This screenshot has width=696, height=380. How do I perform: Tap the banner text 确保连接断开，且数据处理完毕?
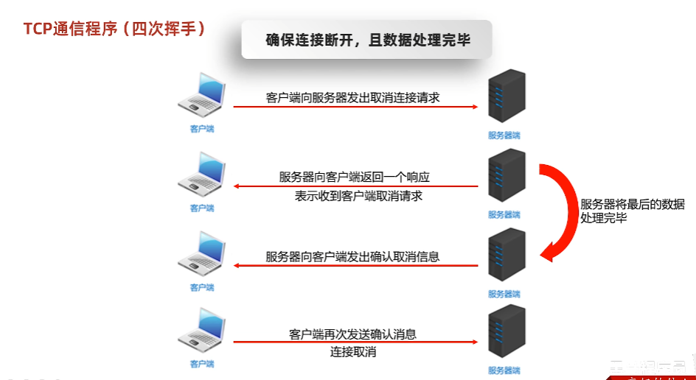pos(367,41)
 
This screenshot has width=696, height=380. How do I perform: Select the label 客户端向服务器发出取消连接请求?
pos(352,97)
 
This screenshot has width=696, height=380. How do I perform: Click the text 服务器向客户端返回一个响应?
pos(354,177)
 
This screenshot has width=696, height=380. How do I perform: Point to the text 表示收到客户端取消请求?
pos(358,197)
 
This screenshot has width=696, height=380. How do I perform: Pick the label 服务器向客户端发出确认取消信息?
pos(352,256)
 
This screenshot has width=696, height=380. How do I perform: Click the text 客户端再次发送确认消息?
pos(352,334)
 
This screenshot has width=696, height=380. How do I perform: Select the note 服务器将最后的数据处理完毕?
pos(633,211)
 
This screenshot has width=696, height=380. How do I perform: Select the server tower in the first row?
pos(507,99)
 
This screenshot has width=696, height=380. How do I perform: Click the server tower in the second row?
pos(507,178)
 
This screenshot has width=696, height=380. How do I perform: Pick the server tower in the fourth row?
pos(507,334)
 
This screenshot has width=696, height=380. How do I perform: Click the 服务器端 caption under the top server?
pos(504,136)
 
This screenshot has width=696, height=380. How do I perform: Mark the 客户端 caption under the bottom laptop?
pos(202,363)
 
